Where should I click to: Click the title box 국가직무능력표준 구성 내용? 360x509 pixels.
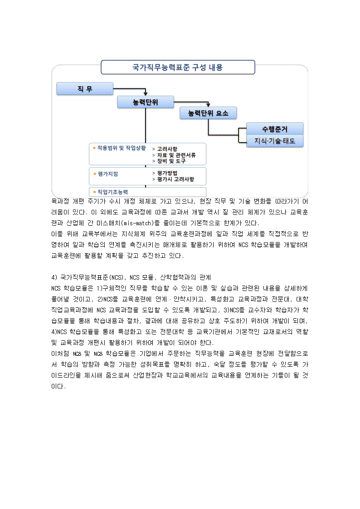coord(177,68)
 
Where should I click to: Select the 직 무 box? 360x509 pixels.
coord(84,89)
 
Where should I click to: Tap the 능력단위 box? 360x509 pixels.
coord(145,102)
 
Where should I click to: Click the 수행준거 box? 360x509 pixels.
coord(275,128)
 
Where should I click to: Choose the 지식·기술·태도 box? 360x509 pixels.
coord(275,141)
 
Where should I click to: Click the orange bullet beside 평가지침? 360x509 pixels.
coord(94,173)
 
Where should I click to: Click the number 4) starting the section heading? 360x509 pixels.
coord(54,276)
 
